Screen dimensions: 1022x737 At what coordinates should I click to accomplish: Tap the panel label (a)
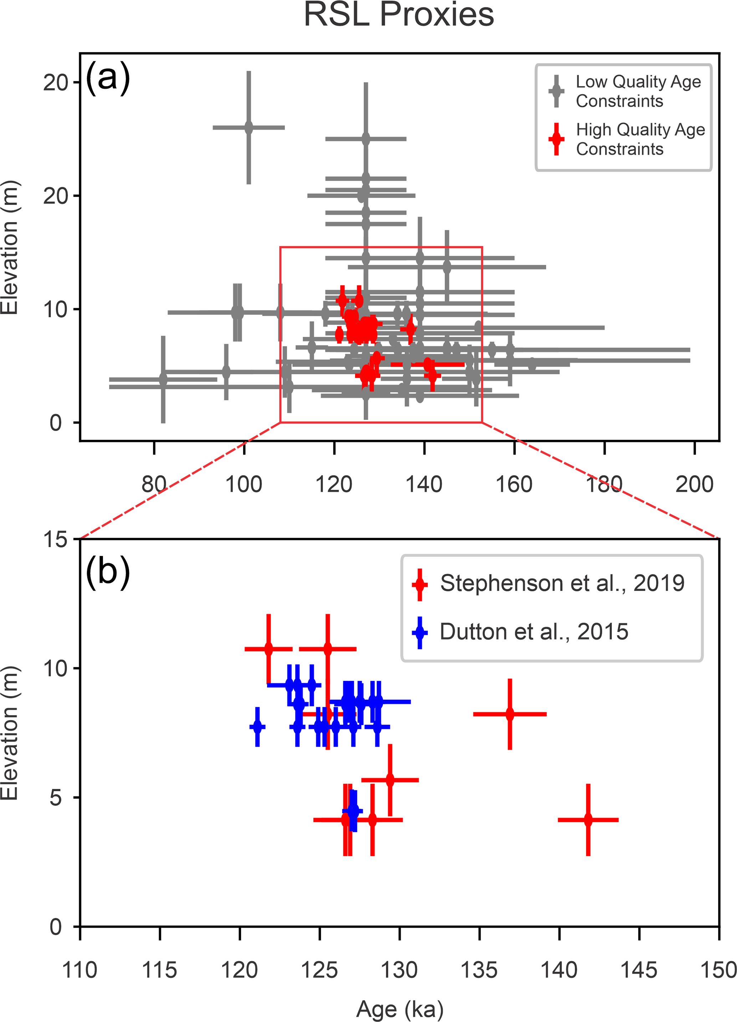click(x=108, y=77)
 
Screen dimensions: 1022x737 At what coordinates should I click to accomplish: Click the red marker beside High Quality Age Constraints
click(x=556, y=139)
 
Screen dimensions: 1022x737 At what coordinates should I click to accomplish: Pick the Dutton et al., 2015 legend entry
click(x=534, y=632)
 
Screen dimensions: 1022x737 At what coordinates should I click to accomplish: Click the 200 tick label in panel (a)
click(x=694, y=485)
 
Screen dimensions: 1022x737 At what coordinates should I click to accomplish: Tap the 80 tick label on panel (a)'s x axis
click(x=154, y=485)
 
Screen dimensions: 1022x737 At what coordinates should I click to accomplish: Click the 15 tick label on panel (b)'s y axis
click(x=55, y=539)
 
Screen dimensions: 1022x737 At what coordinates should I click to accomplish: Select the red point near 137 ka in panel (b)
click(x=510, y=714)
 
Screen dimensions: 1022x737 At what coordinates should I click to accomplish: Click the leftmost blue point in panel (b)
click(x=257, y=727)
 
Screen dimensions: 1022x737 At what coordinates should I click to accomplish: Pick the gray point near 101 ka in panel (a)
click(x=249, y=128)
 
